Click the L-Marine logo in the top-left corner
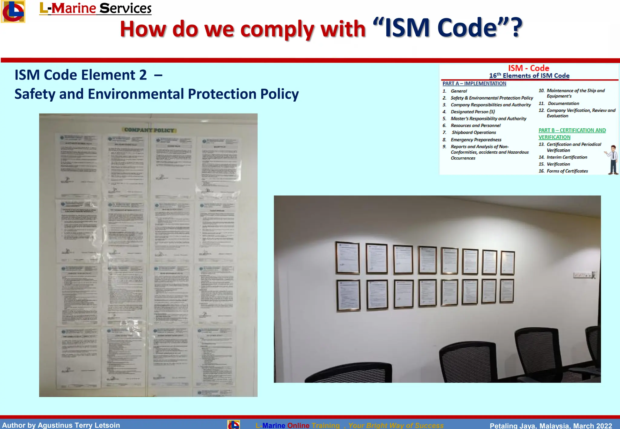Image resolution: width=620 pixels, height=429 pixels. click(x=13, y=11)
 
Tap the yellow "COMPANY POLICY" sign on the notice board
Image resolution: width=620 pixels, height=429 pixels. click(x=149, y=130)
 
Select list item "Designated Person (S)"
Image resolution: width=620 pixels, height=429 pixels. click(x=473, y=112)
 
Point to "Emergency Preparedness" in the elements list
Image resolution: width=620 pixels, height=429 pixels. click(x=476, y=140)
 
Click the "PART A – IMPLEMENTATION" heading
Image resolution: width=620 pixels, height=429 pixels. click(x=474, y=84)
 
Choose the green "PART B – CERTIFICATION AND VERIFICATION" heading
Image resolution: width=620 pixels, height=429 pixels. click(x=572, y=133)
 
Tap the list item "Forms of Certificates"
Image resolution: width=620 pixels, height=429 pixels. click(x=567, y=171)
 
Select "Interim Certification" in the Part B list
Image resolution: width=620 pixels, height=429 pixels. click(x=567, y=157)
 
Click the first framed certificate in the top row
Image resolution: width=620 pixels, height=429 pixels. click(x=347, y=258)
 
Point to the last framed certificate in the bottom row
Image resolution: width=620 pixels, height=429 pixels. click(x=507, y=291)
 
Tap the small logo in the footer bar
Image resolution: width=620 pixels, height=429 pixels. click(x=234, y=424)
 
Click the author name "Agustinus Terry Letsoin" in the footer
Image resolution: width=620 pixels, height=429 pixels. click(x=79, y=425)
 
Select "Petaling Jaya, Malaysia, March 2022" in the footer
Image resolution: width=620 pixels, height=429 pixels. click(x=551, y=425)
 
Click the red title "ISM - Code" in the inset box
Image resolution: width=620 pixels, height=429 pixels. click(x=529, y=68)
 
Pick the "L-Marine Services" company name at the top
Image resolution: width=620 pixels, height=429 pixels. click(x=95, y=8)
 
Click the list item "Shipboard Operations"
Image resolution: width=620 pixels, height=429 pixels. click(x=474, y=133)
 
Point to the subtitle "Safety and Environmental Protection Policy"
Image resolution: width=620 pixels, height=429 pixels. click(x=157, y=94)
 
